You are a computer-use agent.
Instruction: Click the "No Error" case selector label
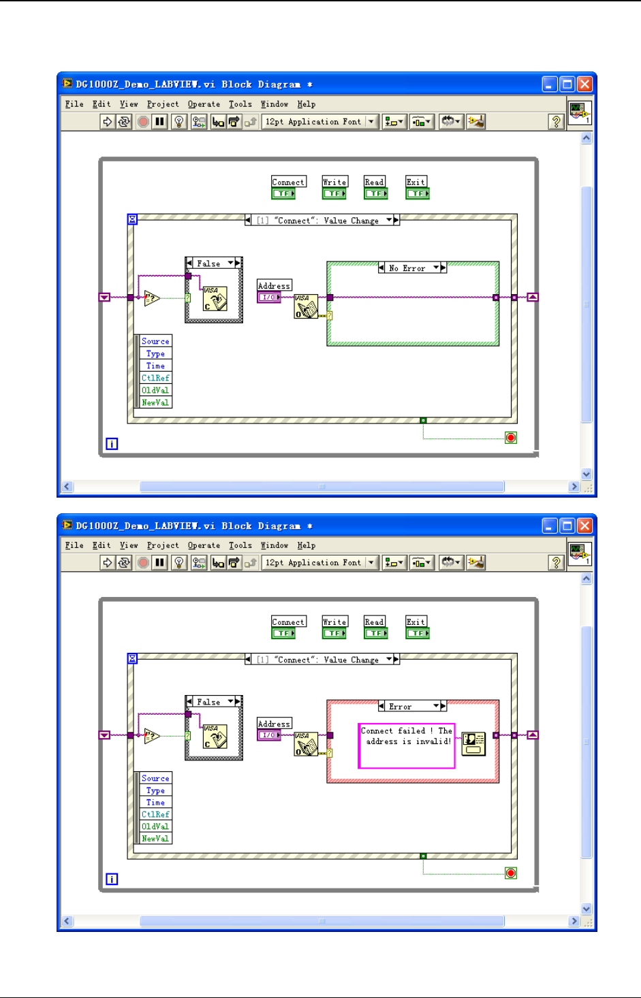point(407,268)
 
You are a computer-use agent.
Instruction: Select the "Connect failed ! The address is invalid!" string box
point(406,745)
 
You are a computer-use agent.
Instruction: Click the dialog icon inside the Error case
point(473,743)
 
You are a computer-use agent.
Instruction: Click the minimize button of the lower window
point(550,526)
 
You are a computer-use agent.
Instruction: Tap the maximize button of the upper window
point(567,84)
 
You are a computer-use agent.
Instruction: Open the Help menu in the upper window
point(307,104)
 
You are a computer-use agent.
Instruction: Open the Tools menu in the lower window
point(240,545)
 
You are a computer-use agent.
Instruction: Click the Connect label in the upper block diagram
point(289,182)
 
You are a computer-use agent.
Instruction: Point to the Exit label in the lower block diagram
point(416,622)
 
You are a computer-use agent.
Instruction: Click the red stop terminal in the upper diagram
point(511,437)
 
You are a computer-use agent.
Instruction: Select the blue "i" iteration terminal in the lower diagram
point(112,879)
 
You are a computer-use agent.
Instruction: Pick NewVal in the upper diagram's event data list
point(155,402)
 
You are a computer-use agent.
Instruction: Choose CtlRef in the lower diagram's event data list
point(155,814)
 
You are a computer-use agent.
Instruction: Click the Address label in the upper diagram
point(275,286)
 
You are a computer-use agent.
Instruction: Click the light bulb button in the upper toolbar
point(179,122)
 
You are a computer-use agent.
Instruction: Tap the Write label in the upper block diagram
point(334,182)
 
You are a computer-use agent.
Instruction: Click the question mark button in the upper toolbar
point(557,122)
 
